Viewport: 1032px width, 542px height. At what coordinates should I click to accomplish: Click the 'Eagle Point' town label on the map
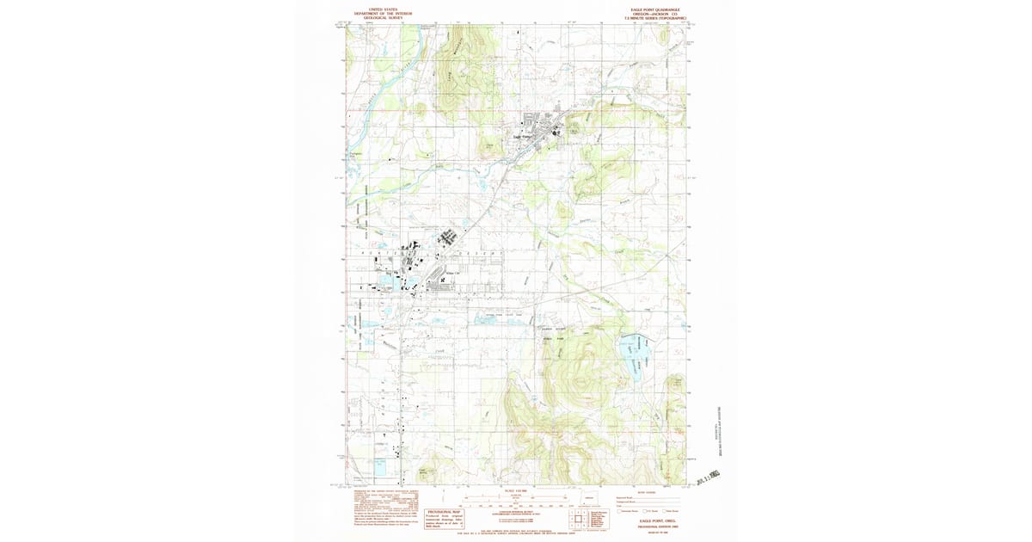point(523,135)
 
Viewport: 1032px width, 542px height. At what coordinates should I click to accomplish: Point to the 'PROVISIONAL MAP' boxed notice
point(439,514)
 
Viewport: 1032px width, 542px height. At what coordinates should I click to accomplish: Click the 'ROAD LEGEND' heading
point(648,492)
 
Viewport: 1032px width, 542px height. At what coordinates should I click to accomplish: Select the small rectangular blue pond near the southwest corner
point(380,468)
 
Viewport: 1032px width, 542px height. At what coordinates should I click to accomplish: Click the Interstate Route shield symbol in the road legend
point(620,511)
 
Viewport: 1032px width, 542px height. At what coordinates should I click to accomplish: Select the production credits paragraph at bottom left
point(378,508)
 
